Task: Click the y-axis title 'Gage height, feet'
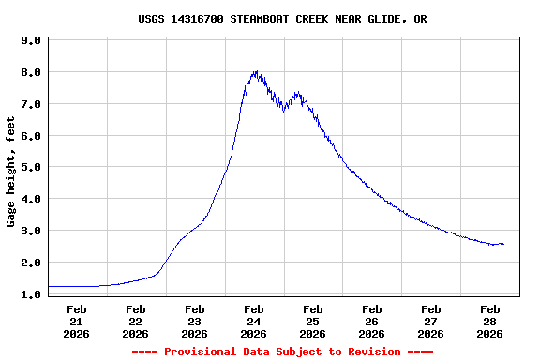point(11,172)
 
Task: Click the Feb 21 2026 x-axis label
point(77,321)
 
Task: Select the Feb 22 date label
point(136,321)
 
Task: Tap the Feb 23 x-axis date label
point(195,321)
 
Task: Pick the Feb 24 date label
point(253,321)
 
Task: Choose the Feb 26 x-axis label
point(371,321)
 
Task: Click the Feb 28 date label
point(489,321)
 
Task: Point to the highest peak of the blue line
point(255,70)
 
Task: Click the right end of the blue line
point(503,244)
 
